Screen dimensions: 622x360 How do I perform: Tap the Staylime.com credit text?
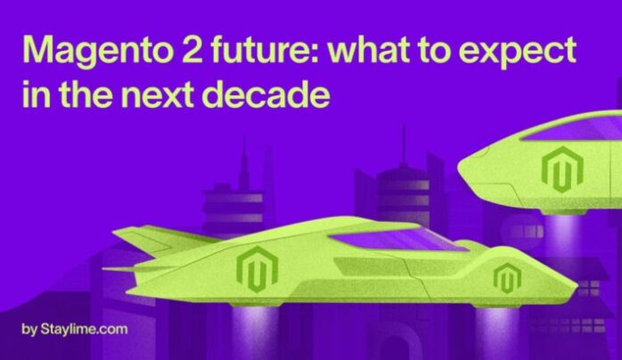click(75, 329)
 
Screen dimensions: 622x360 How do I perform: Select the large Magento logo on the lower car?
click(257, 269)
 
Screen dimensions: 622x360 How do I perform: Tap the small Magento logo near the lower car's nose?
click(507, 277)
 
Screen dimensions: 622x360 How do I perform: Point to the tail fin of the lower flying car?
click(159, 240)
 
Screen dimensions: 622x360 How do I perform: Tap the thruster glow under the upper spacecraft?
click(562, 234)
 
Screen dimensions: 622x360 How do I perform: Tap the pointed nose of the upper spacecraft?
click(460, 168)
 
